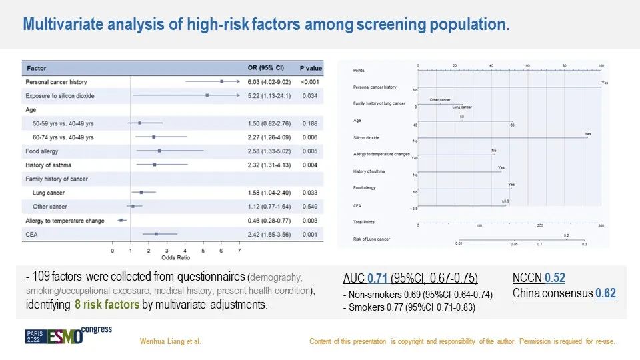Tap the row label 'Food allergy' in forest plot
coord(43,151)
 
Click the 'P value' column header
coord(310,68)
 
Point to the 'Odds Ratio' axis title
coord(175,257)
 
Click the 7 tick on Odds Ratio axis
coord(239,251)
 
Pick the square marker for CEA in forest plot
coord(156,234)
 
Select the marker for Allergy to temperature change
coord(121,220)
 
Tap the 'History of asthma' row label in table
coord(49,165)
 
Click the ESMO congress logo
coord(69,335)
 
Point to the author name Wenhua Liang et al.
coord(170,342)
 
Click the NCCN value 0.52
coord(555,278)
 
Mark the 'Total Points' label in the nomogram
coord(364,221)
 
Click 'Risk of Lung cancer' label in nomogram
coord(371,238)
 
